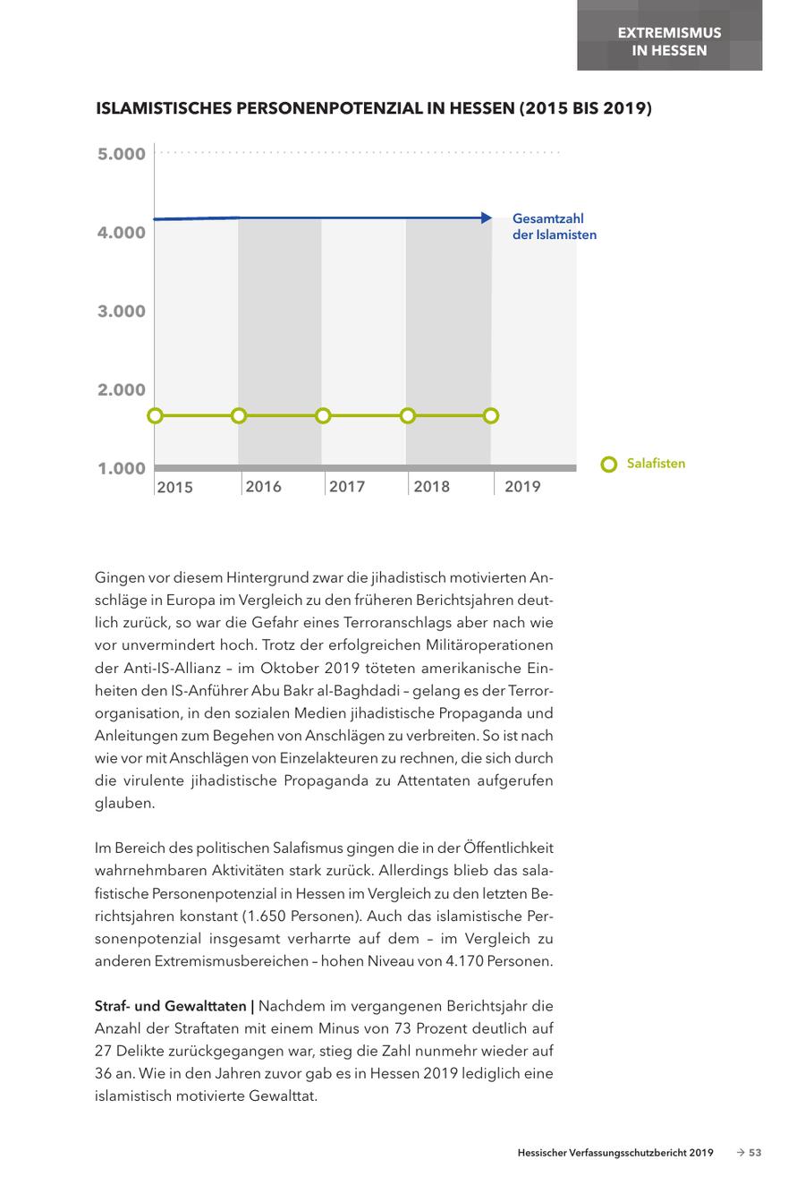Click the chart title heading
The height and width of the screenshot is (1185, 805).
pos(374,109)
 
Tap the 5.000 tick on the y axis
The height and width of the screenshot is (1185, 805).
pos(122,154)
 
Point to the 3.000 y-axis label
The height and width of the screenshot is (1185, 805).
pos(122,311)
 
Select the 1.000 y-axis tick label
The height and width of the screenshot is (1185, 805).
pos(122,469)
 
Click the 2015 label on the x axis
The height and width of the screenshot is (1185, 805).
pos(174,488)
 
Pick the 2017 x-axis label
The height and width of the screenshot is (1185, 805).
pos(346,487)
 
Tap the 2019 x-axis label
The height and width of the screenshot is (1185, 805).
pos(522,487)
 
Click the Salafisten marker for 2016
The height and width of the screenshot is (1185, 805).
pos(239,416)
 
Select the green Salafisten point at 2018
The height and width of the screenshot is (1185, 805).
pos(408,416)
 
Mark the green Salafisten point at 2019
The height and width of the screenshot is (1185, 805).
pos(491,416)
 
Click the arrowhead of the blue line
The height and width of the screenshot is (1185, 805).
pos(487,217)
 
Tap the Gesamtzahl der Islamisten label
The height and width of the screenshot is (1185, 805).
pos(554,226)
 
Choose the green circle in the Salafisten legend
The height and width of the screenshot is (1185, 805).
pos(609,465)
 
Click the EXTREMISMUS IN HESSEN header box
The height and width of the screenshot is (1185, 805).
pos(669,41)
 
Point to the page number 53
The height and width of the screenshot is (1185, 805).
pos(755,1154)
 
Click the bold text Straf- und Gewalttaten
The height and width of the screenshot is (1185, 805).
pos(174,1006)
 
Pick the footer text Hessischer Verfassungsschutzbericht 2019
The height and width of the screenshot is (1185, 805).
pos(615,1154)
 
